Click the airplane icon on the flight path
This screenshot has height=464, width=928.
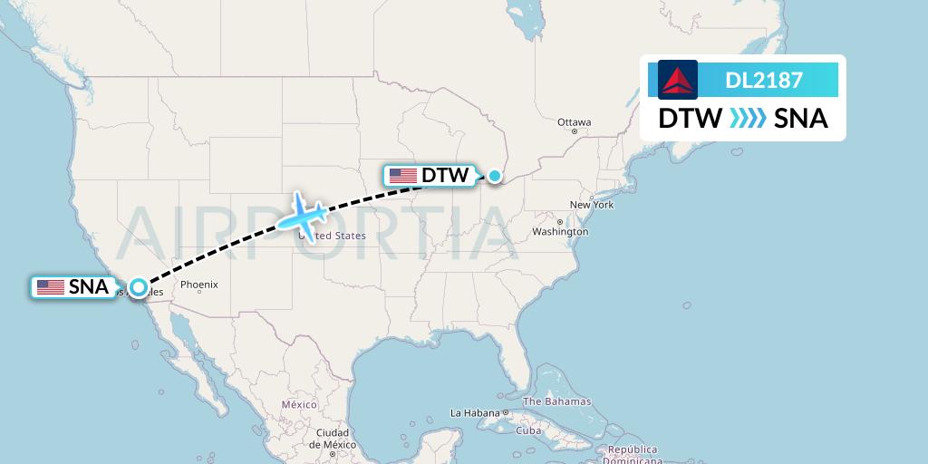(x=304, y=216)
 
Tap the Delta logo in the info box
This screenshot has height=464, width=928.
(x=677, y=80)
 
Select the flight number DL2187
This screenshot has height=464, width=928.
(x=764, y=80)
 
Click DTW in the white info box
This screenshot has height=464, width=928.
(x=690, y=119)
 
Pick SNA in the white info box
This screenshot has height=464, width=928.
(x=801, y=119)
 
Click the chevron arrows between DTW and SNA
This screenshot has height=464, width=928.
(x=747, y=119)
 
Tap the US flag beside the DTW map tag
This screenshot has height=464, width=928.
(x=402, y=176)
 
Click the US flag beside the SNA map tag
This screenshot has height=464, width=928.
(x=51, y=288)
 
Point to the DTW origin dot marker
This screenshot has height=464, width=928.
(x=495, y=176)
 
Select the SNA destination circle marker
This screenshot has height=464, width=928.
(x=138, y=287)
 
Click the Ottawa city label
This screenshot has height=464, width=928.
(x=574, y=122)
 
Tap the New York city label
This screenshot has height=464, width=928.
(x=592, y=205)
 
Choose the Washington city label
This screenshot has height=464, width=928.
(x=561, y=232)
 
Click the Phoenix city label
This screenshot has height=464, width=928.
(x=198, y=285)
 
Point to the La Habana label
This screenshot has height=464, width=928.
(x=475, y=413)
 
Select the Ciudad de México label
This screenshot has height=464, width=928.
(x=333, y=439)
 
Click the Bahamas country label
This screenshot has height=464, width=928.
(x=556, y=401)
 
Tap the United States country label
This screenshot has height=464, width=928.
(x=337, y=236)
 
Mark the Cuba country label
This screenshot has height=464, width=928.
(x=528, y=430)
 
